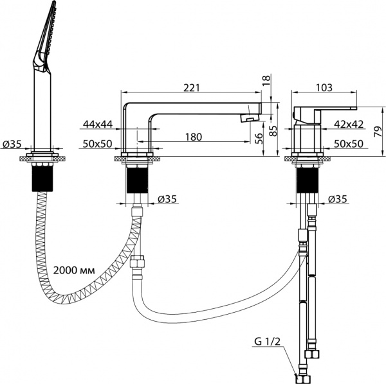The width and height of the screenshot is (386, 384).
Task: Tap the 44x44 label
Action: tap(96, 123)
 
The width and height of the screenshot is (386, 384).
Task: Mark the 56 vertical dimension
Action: tap(258, 139)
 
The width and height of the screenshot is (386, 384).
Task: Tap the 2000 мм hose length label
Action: tap(74, 270)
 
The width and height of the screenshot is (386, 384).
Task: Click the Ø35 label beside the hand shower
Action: tap(13, 144)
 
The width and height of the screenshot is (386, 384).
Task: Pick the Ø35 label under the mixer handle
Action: tap(338, 200)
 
